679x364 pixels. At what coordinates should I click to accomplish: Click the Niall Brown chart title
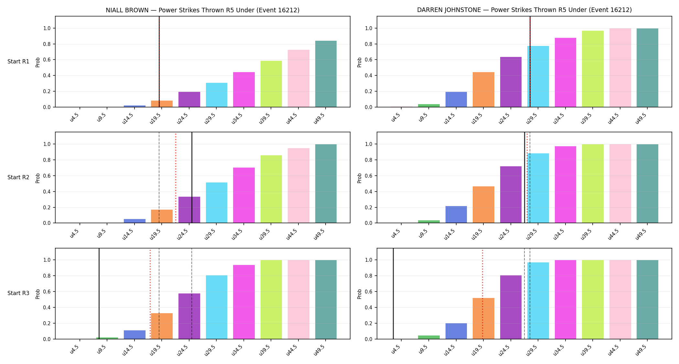pos(202,10)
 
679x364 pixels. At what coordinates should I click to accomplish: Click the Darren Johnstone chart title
pos(524,10)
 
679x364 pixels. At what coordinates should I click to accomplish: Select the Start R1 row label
pos(18,61)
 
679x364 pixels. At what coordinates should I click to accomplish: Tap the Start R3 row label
pos(18,293)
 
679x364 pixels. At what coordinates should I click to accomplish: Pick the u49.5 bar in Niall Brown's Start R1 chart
pos(326,74)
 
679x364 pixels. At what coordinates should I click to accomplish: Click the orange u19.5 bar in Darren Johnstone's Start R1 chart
pos(483,90)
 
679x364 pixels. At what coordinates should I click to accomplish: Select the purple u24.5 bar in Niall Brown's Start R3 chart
pos(189,316)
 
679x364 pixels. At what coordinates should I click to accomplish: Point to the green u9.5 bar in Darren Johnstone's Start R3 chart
pos(429,337)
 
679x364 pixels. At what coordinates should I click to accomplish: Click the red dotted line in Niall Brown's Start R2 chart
pos(176,178)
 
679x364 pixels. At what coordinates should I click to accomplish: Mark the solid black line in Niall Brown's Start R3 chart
pos(99,293)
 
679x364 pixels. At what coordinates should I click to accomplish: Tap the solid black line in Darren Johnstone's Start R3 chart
pos(393,293)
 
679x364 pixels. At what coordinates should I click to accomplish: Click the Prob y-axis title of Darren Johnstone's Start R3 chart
pos(360,294)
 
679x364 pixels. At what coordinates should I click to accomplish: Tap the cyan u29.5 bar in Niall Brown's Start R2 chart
pos(217,203)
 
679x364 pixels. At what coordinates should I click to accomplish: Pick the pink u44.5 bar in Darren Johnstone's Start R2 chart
pos(620,183)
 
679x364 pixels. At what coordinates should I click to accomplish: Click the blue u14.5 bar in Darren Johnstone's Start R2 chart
pos(456,215)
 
